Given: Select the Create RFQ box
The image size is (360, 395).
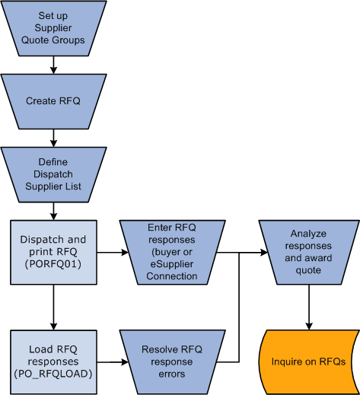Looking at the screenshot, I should click(53, 100).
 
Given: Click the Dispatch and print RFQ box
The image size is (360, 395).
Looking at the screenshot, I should click(53, 250).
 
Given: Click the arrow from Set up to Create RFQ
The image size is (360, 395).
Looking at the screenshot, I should click(53, 65).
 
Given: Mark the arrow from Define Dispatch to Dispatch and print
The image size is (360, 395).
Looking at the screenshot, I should click(53, 210).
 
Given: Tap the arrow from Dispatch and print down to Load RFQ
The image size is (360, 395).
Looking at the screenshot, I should click(53, 304).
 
